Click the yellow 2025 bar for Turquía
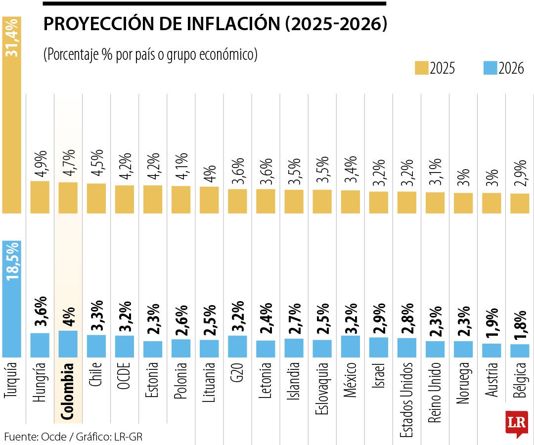12,124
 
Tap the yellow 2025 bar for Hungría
40,197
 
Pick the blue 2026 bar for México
351,346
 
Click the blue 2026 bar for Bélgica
520,351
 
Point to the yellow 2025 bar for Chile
96,198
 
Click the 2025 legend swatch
421,68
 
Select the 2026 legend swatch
489,68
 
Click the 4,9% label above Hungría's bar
40,164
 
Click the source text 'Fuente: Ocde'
33,437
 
